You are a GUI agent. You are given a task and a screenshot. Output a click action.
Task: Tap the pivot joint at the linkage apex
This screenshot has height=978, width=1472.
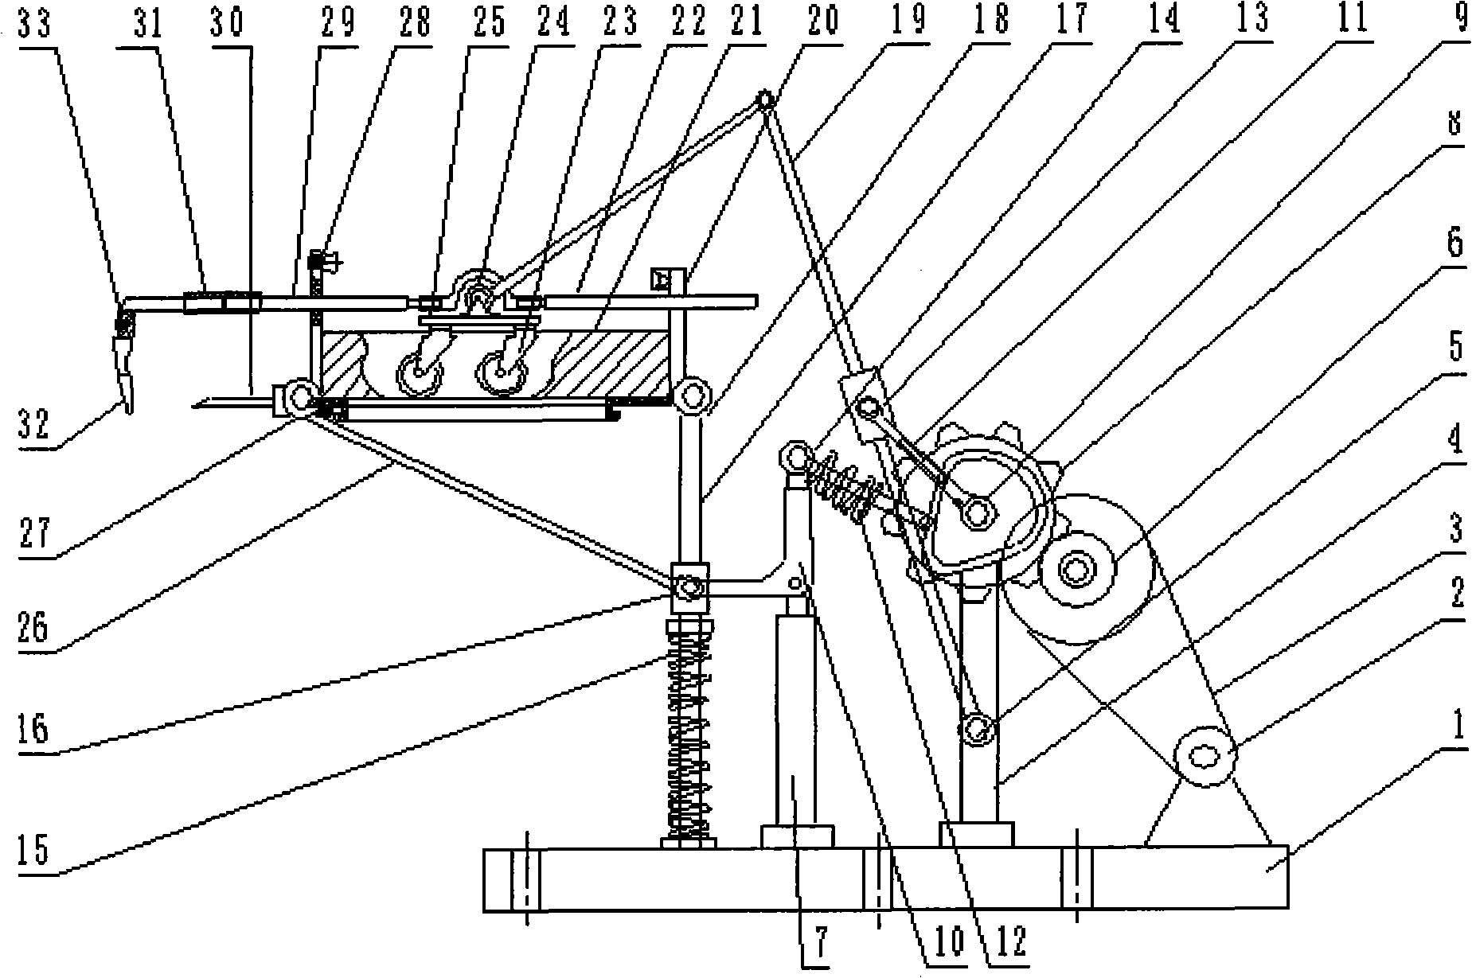pyautogui.click(x=766, y=101)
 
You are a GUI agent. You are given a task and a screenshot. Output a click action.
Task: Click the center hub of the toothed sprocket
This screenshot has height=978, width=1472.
pyautogui.click(x=978, y=513)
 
